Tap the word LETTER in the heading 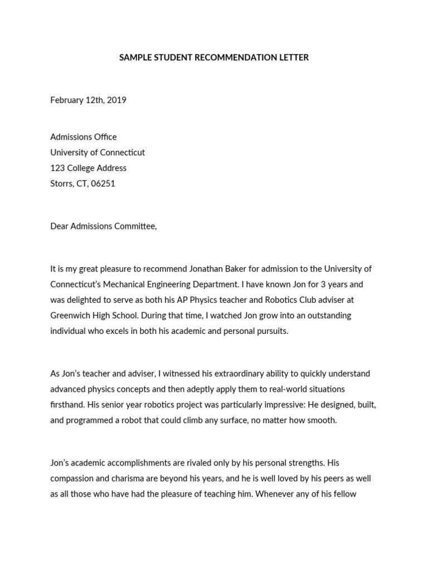294,57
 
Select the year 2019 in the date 116,100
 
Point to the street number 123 57,168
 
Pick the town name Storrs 61,184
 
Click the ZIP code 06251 103,184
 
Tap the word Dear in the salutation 59,226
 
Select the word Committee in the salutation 136,226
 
